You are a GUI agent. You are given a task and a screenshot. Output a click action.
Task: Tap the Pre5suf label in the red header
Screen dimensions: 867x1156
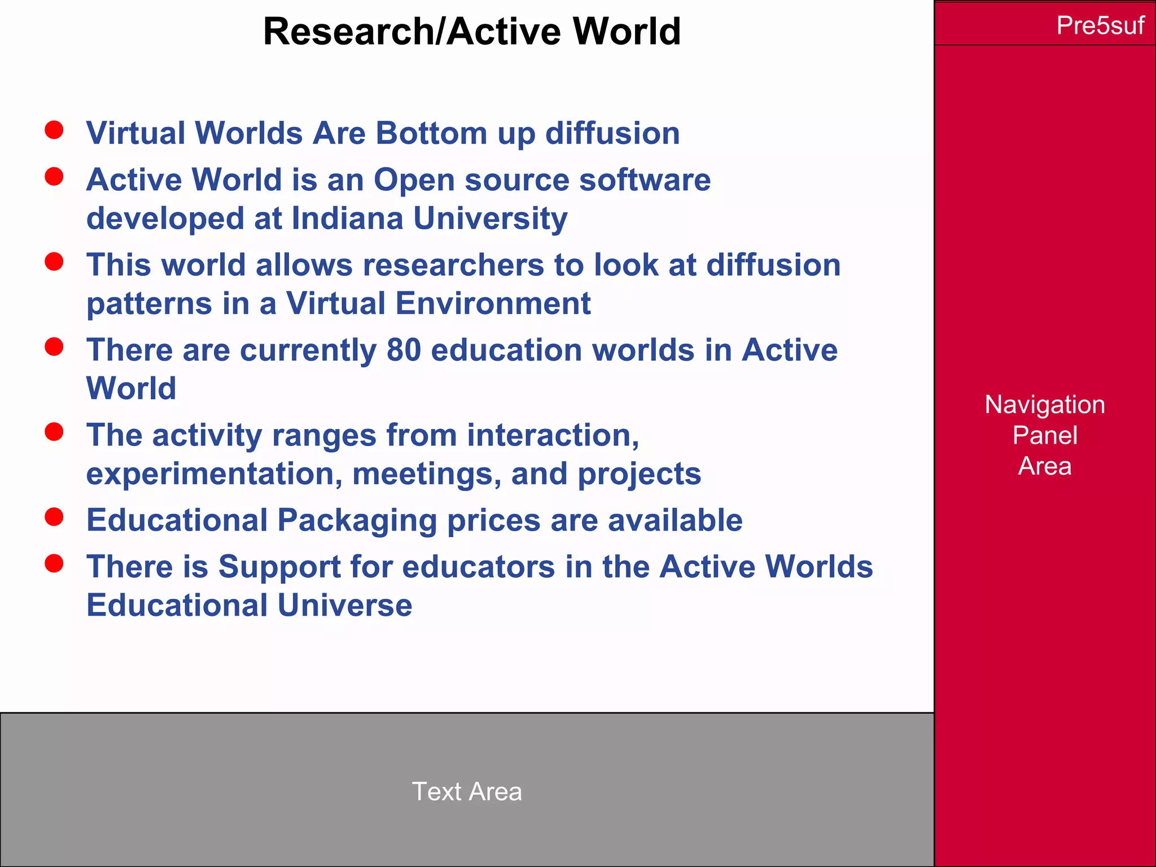1100,25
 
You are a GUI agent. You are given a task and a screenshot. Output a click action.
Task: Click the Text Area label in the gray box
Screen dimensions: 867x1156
467,791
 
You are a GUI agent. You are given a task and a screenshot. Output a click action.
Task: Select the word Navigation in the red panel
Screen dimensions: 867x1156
1045,405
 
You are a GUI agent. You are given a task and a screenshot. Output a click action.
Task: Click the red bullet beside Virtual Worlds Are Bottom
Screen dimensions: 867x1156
54,130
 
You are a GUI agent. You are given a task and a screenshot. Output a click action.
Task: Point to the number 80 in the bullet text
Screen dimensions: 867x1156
404,350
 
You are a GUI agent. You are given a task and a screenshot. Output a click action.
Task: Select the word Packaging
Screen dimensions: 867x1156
357,520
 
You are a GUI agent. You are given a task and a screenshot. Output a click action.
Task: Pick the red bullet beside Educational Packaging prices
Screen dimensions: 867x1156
54,516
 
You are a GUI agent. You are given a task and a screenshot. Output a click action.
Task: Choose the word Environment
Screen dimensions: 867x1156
493,304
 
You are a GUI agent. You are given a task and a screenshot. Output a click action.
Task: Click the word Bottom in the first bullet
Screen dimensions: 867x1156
431,134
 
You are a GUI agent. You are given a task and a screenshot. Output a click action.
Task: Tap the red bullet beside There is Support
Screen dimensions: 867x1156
54,563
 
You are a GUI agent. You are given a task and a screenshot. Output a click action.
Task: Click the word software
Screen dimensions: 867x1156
645,180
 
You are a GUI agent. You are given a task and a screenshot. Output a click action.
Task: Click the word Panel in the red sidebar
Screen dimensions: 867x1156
1045,436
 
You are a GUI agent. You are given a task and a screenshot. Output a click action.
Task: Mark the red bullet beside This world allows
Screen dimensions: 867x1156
54,261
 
